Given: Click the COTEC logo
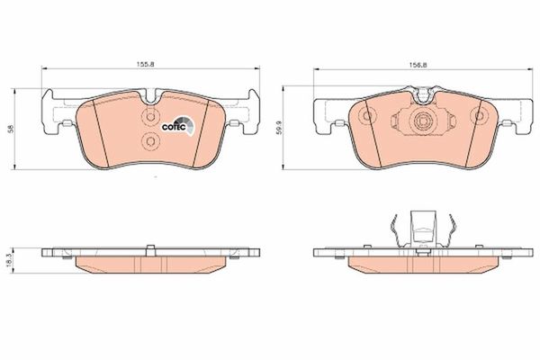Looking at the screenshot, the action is [178, 126].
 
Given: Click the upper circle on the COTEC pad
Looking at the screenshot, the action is [150, 117].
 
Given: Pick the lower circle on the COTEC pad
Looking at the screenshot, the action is [150, 140].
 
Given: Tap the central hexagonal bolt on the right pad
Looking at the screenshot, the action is [423, 121].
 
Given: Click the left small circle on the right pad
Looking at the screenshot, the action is [367, 115].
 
